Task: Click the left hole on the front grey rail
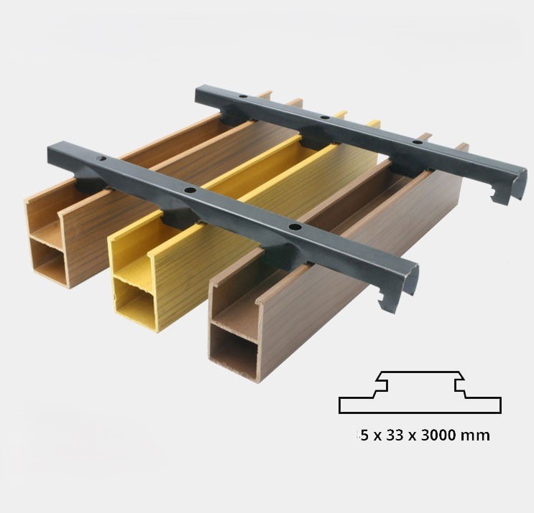pyautogui.click(x=101, y=157)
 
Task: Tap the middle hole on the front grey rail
pyautogui.click(x=190, y=190)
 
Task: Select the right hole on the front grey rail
pyautogui.click(x=294, y=227)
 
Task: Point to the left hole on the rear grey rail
pyautogui.click(x=243, y=95)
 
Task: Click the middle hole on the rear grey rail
pyautogui.click(x=325, y=117)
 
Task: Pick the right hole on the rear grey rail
pyautogui.click(x=417, y=143)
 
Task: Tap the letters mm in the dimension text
pyautogui.click(x=478, y=436)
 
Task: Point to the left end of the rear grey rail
pyautogui.click(x=202, y=96)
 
